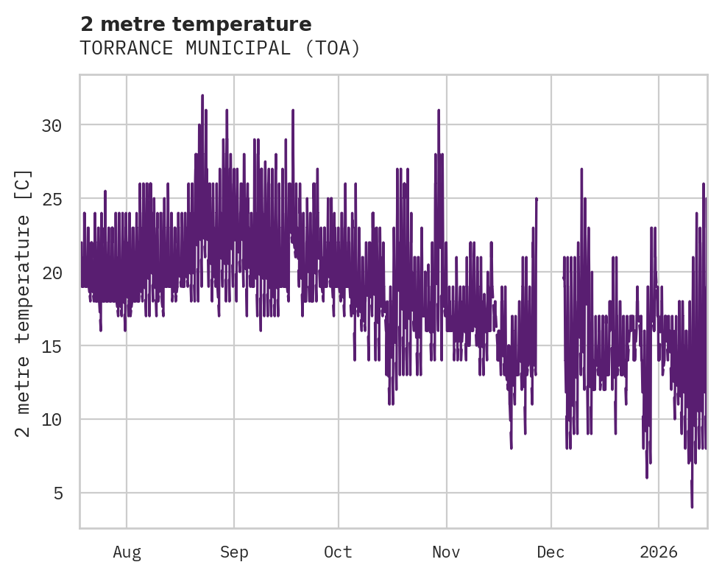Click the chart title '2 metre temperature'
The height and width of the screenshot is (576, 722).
click(196, 24)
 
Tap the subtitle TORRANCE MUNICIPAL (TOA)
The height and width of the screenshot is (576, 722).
click(220, 49)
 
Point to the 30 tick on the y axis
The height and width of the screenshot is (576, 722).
click(52, 125)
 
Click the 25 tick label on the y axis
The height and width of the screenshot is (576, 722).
click(52, 199)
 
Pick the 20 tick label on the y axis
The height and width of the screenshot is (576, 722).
click(52, 273)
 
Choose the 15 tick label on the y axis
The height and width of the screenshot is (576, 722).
click(52, 346)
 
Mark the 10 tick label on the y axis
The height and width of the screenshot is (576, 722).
click(52, 420)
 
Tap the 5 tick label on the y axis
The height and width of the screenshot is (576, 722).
click(57, 493)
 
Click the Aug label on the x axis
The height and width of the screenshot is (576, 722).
click(127, 552)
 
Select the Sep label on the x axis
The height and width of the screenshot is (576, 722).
click(234, 552)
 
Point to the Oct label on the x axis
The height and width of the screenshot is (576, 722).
click(339, 552)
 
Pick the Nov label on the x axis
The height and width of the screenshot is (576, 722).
click(446, 552)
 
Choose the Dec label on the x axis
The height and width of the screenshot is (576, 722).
click(551, 552)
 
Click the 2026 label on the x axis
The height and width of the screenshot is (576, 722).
click(658, 552)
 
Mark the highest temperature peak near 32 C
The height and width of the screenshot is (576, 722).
click(202, 96)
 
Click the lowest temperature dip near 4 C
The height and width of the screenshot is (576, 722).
click(692, 505)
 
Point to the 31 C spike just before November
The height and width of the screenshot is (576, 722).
click(439, 110)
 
